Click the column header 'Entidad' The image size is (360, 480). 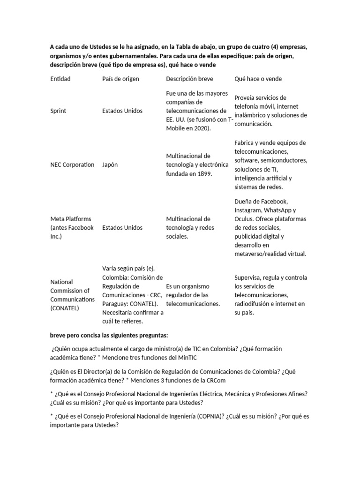click(60, 79)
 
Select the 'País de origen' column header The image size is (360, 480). click(120, 79)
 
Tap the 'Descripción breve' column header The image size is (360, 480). click(189, 79)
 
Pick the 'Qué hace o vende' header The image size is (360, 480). click(258, 79)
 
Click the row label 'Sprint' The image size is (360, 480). click(58, 111)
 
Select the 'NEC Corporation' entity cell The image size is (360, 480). click(72, 165)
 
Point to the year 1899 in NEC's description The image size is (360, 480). click(204, 173)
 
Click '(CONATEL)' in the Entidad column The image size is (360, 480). click(65, 308)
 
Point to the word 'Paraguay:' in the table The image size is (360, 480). click(115, 304)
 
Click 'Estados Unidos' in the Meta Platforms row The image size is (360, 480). click(122, 228)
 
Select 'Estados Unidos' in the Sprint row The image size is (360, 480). click(122, 111)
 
